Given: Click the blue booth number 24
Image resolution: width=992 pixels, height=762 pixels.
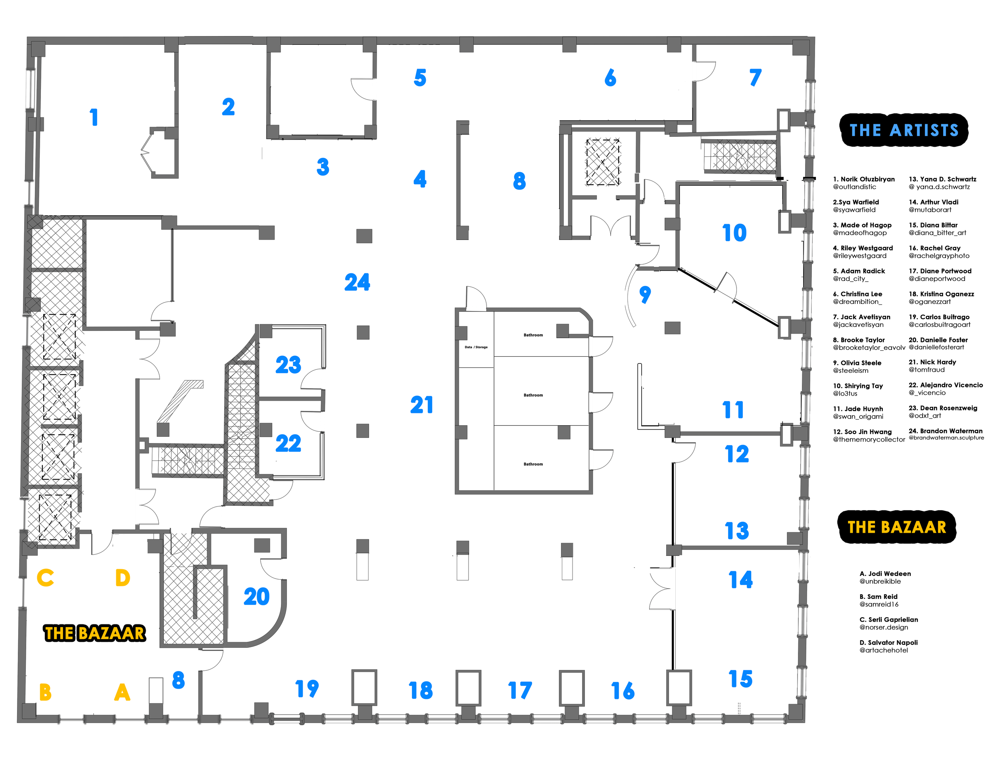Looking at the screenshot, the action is point(357,282).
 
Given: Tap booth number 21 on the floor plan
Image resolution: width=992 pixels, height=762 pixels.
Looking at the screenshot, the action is point(421,405).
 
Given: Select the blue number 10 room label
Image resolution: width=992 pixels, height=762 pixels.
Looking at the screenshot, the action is point(734,233).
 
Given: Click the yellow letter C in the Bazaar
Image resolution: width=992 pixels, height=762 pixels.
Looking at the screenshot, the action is point(45,578).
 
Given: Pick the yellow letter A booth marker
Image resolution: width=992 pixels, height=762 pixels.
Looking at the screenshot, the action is point(122,692).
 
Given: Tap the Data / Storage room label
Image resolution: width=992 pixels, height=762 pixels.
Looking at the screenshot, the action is point(476,347).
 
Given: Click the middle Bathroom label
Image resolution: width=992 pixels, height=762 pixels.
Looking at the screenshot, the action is point(533,395).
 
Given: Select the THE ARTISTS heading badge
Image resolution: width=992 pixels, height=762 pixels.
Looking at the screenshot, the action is point(904,130).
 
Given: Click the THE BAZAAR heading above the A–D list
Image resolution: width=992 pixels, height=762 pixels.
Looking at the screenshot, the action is point(897,527).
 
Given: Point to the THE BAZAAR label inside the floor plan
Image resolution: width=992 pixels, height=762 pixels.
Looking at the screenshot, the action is point(95,633).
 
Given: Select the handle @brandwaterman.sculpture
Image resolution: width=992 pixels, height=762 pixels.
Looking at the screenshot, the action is point(946,438).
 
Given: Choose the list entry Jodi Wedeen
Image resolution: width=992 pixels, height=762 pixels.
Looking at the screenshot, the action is point(885,574).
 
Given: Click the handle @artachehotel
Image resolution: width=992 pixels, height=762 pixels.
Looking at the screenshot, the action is point(884,650).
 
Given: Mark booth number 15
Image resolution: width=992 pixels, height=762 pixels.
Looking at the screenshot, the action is point(740,679).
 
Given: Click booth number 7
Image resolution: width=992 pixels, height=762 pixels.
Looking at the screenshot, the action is point(755,78).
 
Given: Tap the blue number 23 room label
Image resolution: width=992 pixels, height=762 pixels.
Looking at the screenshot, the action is point(288,365).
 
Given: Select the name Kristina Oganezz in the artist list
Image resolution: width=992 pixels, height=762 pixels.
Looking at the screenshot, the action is point(941,294).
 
